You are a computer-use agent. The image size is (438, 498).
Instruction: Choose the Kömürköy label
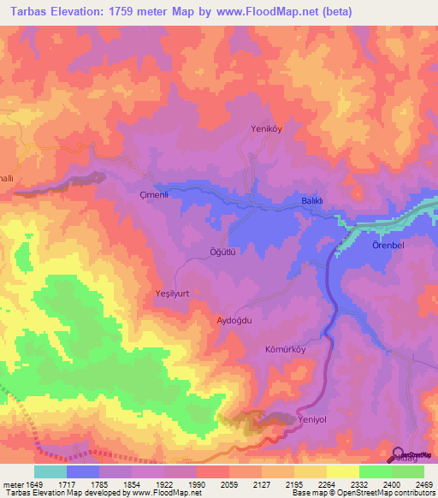[x=287, y=352]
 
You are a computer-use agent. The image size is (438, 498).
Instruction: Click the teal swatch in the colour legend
[x=50, y=471]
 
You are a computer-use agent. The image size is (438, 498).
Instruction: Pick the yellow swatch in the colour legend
[x=343, y=471]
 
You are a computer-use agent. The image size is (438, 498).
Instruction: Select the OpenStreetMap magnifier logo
[x=398, y=454]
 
